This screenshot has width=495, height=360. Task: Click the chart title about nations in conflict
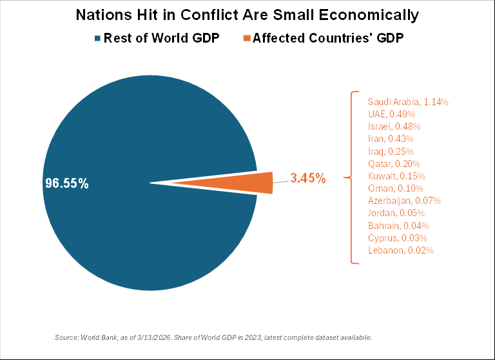(x=247, y=15)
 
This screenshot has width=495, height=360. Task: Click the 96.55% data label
(x=66, y=183)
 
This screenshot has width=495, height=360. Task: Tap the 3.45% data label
(x=307, y=179)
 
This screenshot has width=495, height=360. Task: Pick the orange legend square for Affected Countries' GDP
(x=246, y=39)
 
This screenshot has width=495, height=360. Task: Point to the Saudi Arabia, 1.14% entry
(x=407, y=102)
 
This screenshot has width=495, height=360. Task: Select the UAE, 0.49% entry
(x=393, y=114)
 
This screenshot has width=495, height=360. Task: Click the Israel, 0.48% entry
(x=394, y=126)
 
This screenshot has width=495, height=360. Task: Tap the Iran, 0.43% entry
(x=391, y=139)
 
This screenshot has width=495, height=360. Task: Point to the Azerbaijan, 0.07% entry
(x=403, y=201)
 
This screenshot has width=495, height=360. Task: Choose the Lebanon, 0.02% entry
(x=400, y=250)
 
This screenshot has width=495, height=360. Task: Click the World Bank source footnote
(x=213, y=337)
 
